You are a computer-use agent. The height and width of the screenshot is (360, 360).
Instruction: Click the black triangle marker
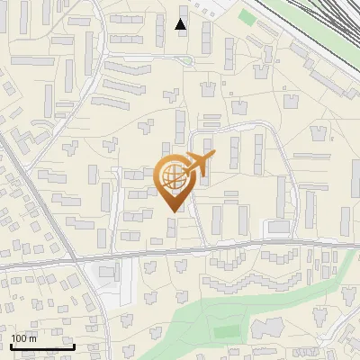pyautogui.click(x=181, y=24)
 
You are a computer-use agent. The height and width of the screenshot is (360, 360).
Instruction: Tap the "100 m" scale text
pyautogui.click(x=23, y=338)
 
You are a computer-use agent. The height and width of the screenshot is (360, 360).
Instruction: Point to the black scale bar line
pyautogui.click(x=42, y=346)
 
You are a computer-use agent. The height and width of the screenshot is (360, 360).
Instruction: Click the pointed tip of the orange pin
pyautogui.click(x=174, y=211)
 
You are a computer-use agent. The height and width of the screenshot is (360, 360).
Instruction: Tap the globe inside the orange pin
pyautogui.click(x=173, y=177)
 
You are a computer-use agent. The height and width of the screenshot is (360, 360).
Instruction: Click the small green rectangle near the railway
pyautogui.click(x=247, y=17)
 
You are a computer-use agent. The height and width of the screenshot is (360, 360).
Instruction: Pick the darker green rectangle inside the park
pyautogui.click(x=228, y=332)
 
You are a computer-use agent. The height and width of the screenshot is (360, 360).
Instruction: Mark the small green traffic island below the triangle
pyautogui.click(x=185, y=59)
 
